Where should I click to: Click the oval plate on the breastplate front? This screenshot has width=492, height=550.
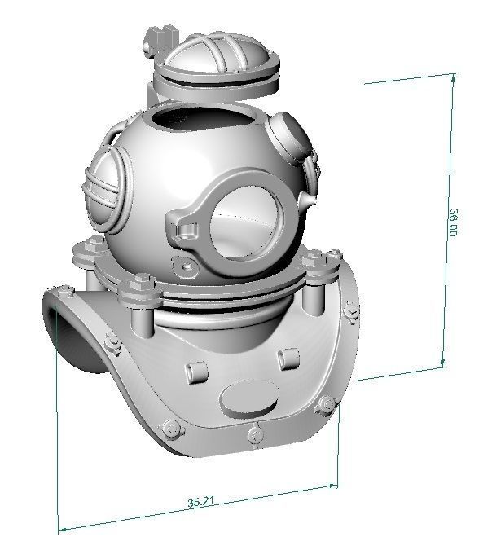pos(247,399)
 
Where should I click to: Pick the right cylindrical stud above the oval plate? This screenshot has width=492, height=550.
pos(284,359)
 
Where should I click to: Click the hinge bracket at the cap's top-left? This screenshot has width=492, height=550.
pos(160,39)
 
